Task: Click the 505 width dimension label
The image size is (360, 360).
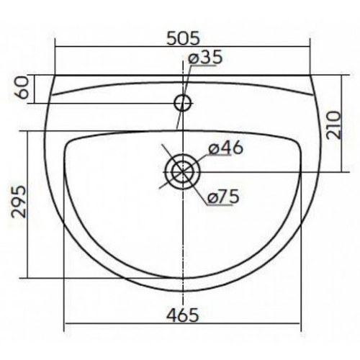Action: coord(183,39)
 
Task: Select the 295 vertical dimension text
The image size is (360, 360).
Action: coord(19,202)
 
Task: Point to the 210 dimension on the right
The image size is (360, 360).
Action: coord(334,125)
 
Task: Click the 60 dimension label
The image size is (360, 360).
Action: coord(24,88)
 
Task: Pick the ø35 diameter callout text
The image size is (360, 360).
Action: coord(205,58)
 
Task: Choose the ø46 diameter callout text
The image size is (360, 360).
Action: coord(225,148)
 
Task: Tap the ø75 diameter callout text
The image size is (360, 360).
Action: coord(223,197)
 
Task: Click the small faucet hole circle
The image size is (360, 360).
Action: coord(184,103)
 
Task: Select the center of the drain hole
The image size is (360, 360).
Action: coord(183,172)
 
